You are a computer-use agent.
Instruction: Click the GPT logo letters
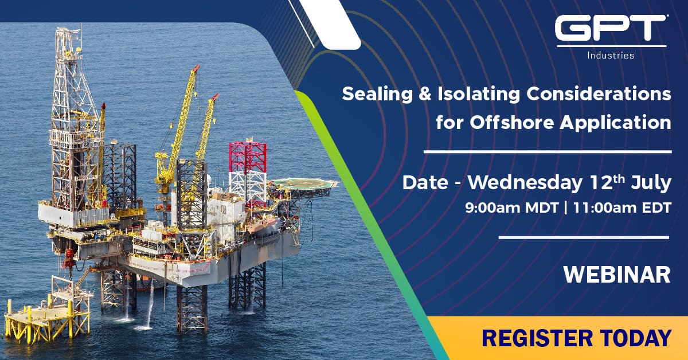611,28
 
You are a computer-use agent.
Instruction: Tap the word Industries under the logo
611,56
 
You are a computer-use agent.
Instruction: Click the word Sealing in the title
377,95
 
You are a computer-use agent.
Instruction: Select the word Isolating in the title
479,95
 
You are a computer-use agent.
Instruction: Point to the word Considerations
599,94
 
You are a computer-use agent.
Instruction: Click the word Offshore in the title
511,123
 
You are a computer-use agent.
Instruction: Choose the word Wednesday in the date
525,183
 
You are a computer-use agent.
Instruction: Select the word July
651,183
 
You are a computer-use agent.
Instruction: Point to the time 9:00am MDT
511,208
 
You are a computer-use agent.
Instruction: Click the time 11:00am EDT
622,208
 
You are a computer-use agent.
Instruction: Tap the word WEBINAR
617,275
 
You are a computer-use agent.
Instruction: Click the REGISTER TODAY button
557,338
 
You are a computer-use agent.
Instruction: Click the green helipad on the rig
302,184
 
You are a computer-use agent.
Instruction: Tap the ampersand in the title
425,95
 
